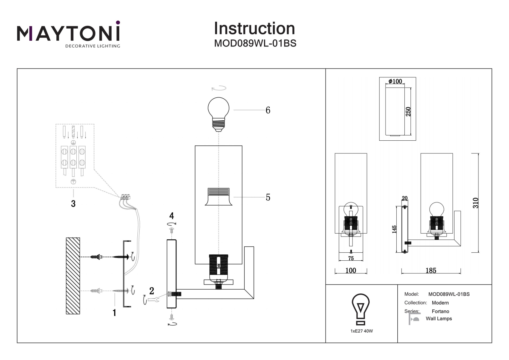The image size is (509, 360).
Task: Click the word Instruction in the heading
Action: click(254, 28)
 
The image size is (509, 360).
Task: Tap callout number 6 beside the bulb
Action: click(268, 110)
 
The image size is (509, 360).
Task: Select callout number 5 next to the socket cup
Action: click(268, 197)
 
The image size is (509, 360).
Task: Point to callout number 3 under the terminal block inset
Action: click(73, 204)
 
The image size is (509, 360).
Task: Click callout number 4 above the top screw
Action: click(171, 215)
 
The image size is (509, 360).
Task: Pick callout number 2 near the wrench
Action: click(151, 291)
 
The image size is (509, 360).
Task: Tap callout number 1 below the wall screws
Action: click(114, 313)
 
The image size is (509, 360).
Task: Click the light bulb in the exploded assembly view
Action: click(218, 114)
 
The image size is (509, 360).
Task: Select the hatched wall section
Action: click(73, 276)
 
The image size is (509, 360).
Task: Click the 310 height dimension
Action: click(475, 203)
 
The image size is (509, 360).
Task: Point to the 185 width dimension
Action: click(431, 271)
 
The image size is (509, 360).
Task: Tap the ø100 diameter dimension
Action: click(395, 81)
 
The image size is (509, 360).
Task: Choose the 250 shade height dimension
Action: click(408, 111)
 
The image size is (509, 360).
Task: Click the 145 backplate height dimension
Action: click(394, 229)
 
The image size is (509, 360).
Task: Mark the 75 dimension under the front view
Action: click(351, 258)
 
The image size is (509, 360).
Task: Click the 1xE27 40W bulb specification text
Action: click(361, 331)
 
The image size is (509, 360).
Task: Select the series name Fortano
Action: click(440, 311)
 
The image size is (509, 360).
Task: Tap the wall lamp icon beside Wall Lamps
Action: click(414, 319)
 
